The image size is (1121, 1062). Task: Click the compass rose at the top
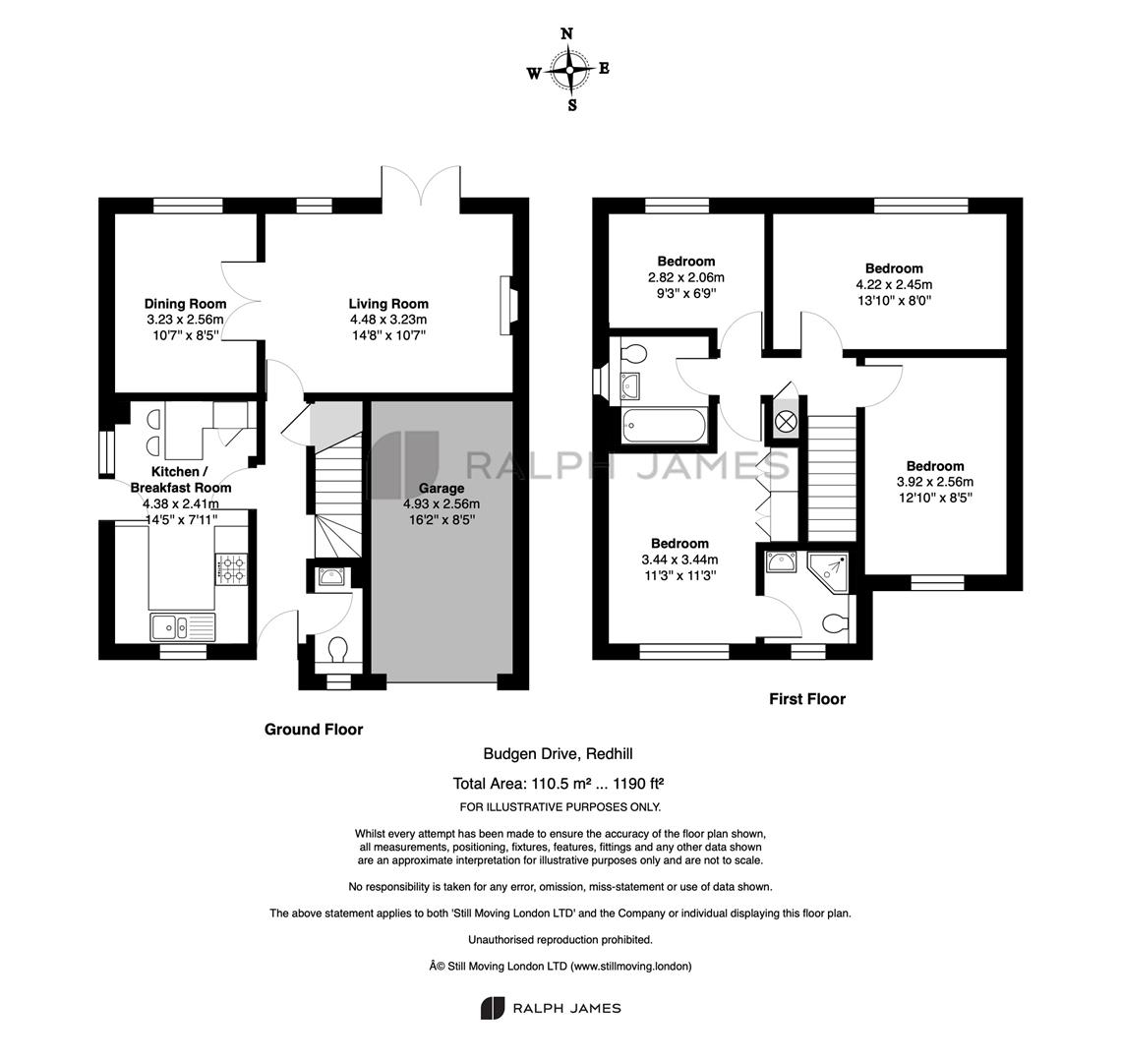pyautogui.click(x=569, y=70)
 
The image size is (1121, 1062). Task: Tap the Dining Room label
pyautogui.click(x=185, y=304)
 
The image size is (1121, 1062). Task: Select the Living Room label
pyautogui.click(x=388, y=304)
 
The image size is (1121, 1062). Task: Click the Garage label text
pyautogui.click(x=442, y=489)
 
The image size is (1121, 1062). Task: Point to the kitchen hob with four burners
pyautogui.click(x=232, y=568)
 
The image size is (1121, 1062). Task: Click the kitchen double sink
pyautogui.click(x=183, y=627)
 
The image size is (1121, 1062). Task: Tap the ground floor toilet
pyautogui.click(x=336, y=652)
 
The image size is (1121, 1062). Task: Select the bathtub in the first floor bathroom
pyautogui.click(x=664, y=426)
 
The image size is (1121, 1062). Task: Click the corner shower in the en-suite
pyautogui.click(x=829, y=571)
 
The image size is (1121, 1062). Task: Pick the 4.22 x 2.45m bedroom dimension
pyautogui.click(x=894, y=284)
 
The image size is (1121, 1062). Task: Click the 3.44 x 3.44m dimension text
pyautogui.click(x=679, y=560)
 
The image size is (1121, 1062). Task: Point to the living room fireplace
pyautogui.click(x=506, y=306)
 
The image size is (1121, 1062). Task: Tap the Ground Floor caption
pyautogui.click(x=314, y=730)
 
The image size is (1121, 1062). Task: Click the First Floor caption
pyautogui.click(x=807, y=699)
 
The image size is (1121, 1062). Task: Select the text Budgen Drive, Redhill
pyautogui.click(x=558, y=754)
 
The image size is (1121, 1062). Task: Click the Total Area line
pyautogui.click(x=559, y=784)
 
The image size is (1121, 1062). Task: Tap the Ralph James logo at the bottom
pyautogui.click(x=551, y=1008)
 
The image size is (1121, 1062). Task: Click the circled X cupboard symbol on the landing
pyautogui.click(x=785, y=422)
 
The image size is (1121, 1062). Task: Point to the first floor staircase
pyautogui.click(x=832, y=478)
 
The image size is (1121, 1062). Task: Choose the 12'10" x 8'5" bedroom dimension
pyautogui.click(x=935, y=498)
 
